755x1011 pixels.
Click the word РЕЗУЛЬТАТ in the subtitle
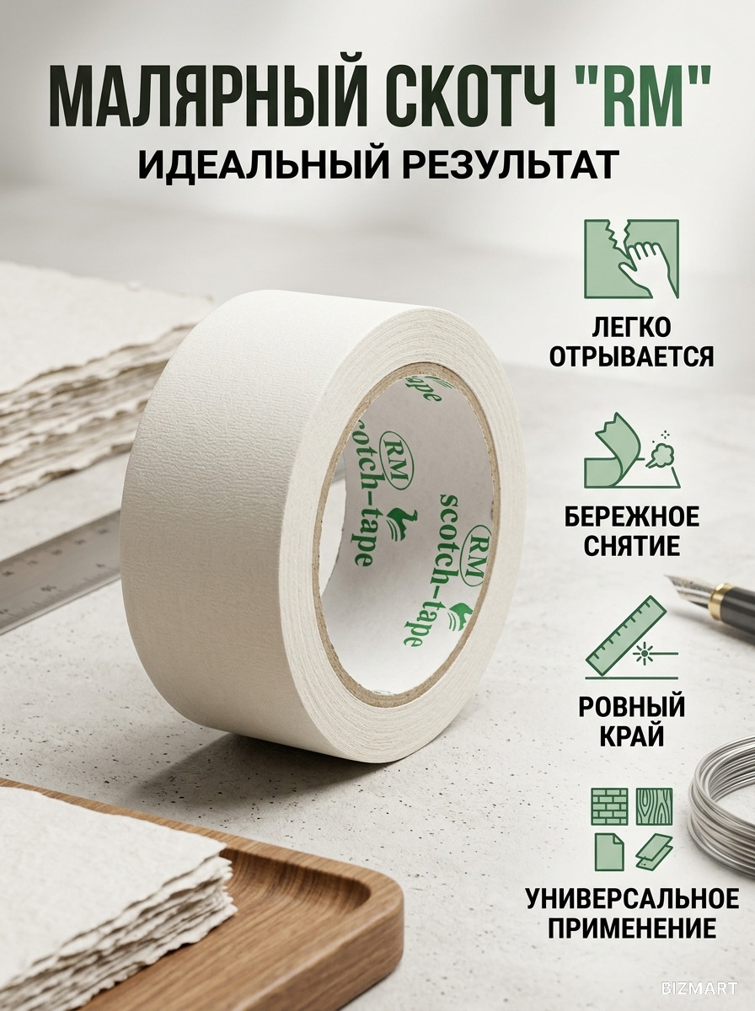coord(506,164)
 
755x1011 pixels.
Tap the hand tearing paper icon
coord(631,259)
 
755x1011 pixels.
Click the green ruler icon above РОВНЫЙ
coord(631,637)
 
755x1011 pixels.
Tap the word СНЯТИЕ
coord(632,546)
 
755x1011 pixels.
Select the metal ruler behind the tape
coord(60,575)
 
